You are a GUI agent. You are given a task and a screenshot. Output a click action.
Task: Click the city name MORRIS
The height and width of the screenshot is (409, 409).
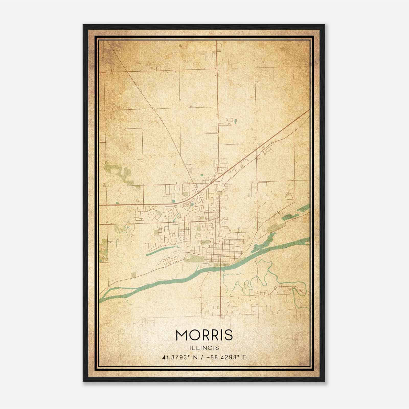coord(204,335)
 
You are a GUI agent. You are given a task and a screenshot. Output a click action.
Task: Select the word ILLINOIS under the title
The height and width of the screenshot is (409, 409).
coord(204,348)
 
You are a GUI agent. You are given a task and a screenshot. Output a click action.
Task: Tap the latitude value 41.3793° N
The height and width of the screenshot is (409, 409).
coord(180,357)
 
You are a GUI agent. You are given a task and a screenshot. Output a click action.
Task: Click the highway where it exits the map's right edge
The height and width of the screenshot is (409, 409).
coord(308,111)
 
